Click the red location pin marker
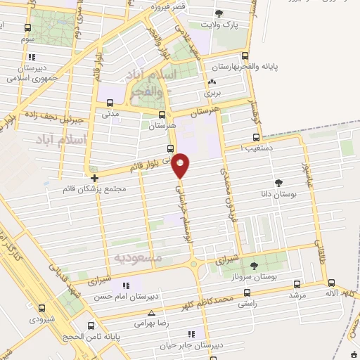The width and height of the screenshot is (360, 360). pyautogui.click(x=181, y=165)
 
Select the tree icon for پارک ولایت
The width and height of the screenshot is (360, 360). pyautogui.click(x=219, y=13)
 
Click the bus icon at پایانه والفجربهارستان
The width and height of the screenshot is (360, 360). pyautogui.click(x=245, y=56)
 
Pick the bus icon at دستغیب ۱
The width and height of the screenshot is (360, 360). pyautogui.click(x=256, y=138)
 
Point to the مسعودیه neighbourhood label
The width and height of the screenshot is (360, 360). pyautogui.click(x=137, y=257)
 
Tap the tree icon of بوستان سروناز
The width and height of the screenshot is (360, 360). pyautogui.click(x=254, y=265)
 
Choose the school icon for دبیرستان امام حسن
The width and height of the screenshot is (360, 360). pyautogui.click(x=127, y=285)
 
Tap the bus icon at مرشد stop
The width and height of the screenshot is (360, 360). pyautogui.click(x=297, y=284)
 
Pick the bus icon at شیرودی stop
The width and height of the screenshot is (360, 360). pyautogui.click(x=41, y=307)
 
